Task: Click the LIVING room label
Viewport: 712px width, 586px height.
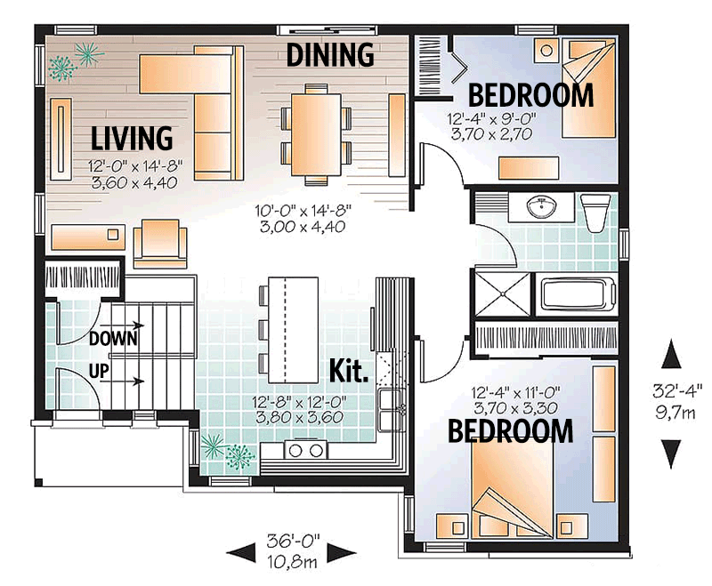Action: point(132,138)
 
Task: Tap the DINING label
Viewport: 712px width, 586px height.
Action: point(329,55)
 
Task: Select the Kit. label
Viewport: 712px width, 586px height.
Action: point(349,370)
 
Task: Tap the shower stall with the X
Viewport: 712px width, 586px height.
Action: point(501,293)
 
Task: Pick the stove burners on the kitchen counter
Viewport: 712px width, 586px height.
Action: point(305,451)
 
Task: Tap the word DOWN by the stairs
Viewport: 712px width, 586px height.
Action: point(113,338)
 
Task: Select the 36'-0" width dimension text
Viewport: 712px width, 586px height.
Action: point(293,540)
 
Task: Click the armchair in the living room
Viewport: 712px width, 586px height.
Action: point(159,244)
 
